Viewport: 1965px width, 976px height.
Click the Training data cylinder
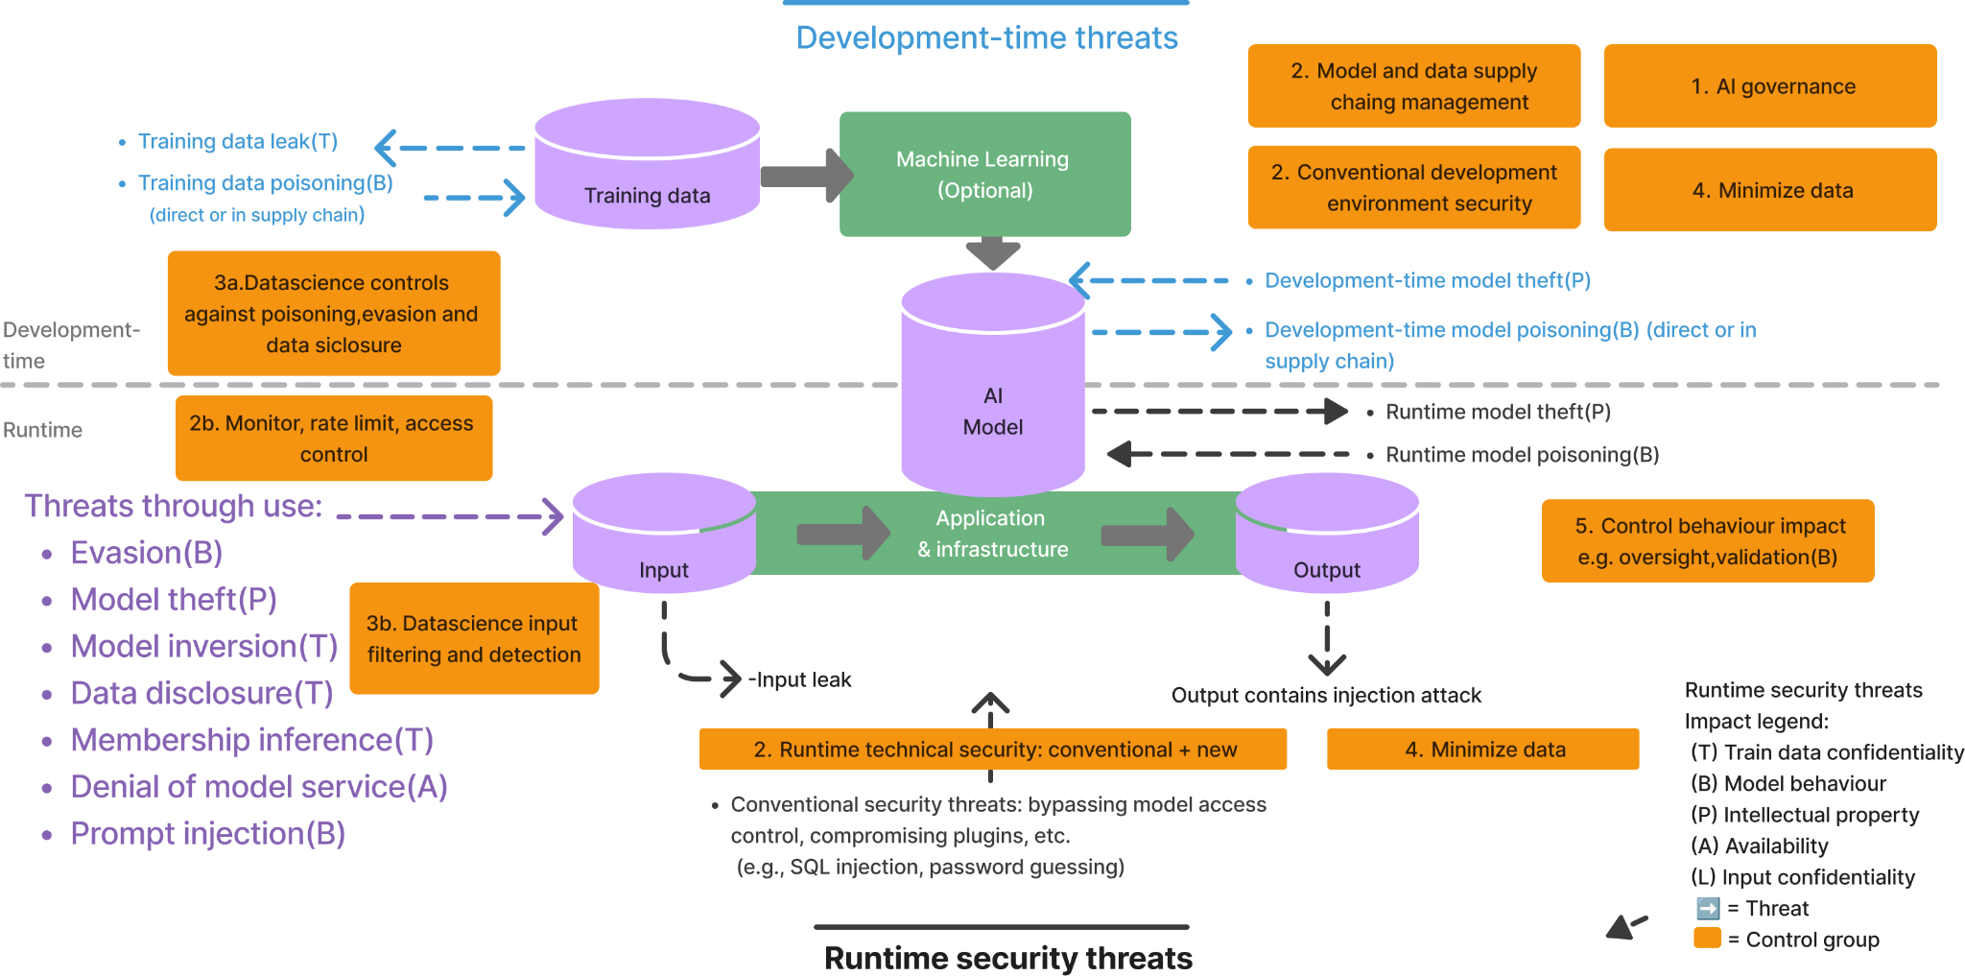[x=648, y=163]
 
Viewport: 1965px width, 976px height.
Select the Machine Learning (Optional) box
[x=985, y=174]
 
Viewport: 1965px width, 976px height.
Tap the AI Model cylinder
[x=993, y=384]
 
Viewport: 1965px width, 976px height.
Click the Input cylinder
[x=664, y=533]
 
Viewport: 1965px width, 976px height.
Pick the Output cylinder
[x=1327, y=533]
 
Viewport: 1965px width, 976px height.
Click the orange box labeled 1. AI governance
[x=1770, y=85]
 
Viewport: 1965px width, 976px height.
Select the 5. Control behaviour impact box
[x=1708, y=540]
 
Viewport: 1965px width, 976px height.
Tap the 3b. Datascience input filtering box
[x=474, y=638]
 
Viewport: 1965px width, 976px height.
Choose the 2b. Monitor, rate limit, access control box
[x=334, y=438]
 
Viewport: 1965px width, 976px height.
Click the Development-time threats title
[x=986, y=37]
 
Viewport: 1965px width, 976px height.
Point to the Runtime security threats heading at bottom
[x=1008, y=958]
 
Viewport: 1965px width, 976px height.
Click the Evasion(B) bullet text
[x=147, y=553]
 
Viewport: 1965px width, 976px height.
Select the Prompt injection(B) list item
[x=208, y=834]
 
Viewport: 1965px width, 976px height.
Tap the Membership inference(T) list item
[x=252, y=740]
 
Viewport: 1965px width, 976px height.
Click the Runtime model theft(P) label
[x=1498, y=412]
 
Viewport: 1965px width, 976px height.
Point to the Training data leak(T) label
[x=238, y=141]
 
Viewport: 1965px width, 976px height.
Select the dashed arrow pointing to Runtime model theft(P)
[x=1220, y=412]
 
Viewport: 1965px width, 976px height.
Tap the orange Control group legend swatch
[x=1708, y=938]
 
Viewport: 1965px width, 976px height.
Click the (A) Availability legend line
[x=1759, y=845]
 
